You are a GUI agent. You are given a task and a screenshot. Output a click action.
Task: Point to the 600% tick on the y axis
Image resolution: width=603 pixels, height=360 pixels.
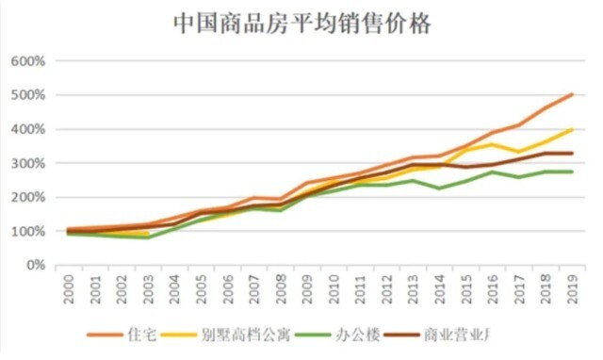click(x=28, y=61)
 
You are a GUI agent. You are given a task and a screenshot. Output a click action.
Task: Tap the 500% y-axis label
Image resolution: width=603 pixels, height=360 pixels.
click(x=28, y=95)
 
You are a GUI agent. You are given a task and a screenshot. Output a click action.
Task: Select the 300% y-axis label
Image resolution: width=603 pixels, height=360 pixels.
click(x=28, y=163)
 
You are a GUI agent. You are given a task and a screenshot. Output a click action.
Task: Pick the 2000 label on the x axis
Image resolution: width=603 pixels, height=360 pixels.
click(x=69, y=288)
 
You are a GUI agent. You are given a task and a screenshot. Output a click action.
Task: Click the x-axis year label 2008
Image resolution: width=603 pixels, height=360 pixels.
click(x=281, y=288)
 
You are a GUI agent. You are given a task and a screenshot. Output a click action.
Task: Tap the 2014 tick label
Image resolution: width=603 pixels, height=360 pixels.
click(x=439, y=288)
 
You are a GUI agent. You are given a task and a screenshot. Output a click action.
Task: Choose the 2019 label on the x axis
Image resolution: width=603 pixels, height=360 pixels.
click(x=571, y=288)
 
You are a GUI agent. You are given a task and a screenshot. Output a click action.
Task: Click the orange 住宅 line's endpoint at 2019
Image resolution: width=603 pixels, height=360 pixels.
click(x=571, y=94)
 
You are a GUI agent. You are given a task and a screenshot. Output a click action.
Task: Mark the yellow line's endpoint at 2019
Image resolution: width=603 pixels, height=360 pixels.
click(x=571, y=130)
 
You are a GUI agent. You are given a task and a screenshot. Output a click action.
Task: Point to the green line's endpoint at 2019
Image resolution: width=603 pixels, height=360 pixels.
click(x=571, y=172)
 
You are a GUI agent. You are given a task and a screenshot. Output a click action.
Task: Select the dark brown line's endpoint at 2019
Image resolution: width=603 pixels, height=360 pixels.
click(x=571, y=153)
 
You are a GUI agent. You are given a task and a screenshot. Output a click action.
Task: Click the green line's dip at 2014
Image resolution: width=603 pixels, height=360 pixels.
click(x=439, y=188)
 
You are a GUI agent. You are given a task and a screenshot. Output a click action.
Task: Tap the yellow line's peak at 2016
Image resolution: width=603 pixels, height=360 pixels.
click(x=492, y=144)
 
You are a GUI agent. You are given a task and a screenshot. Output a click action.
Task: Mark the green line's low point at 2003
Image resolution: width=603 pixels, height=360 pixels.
click(x=148, y=237)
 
